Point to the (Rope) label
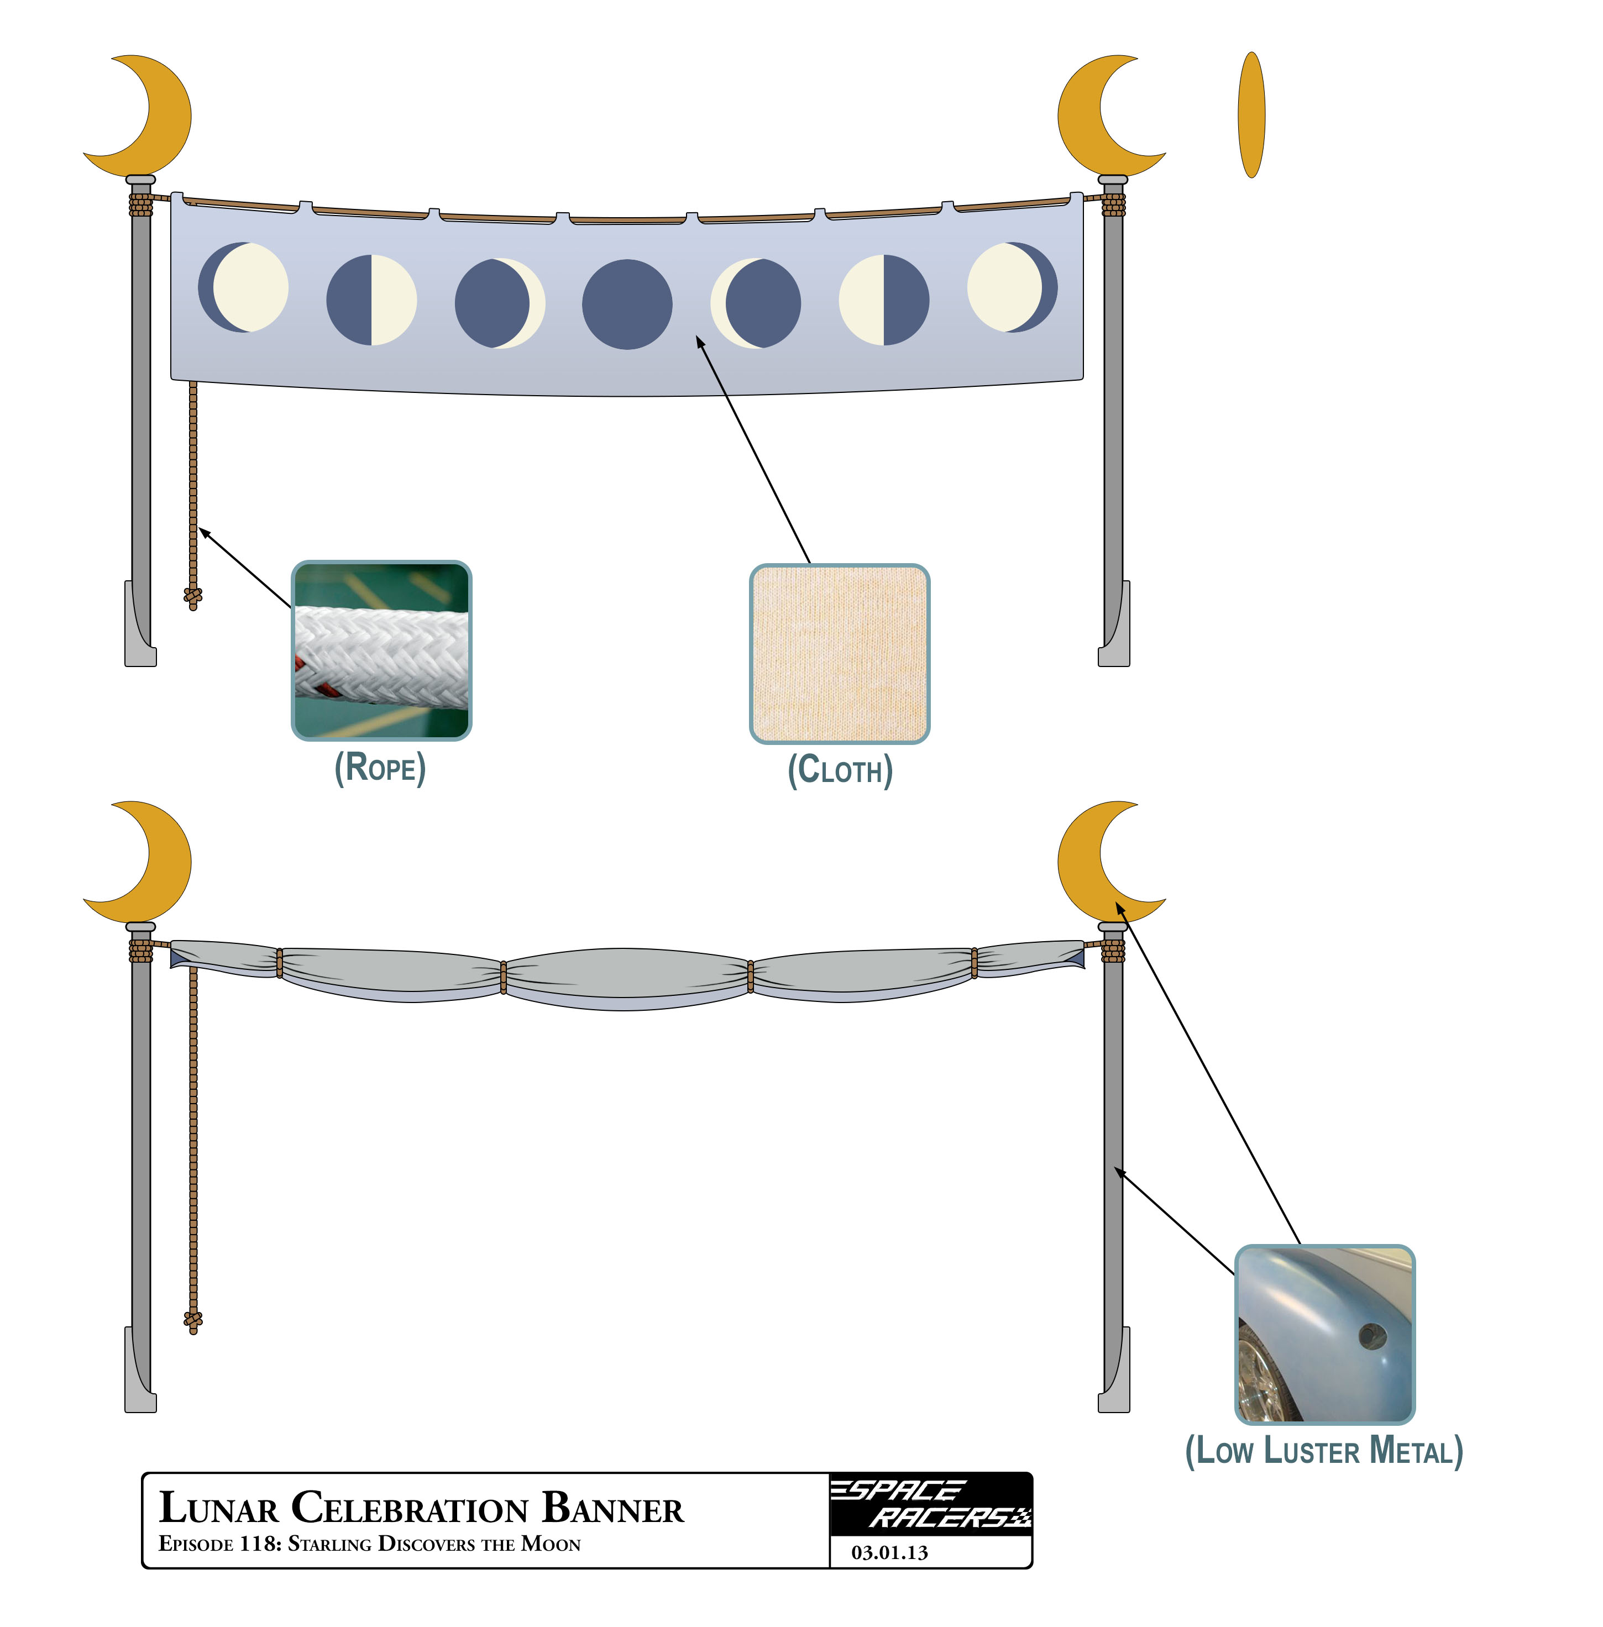pos(380,768)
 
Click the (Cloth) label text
pos(840,770)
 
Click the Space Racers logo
pos(930,1503)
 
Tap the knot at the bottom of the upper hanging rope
pos(193,596)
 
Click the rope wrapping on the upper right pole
pos(1113,204)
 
